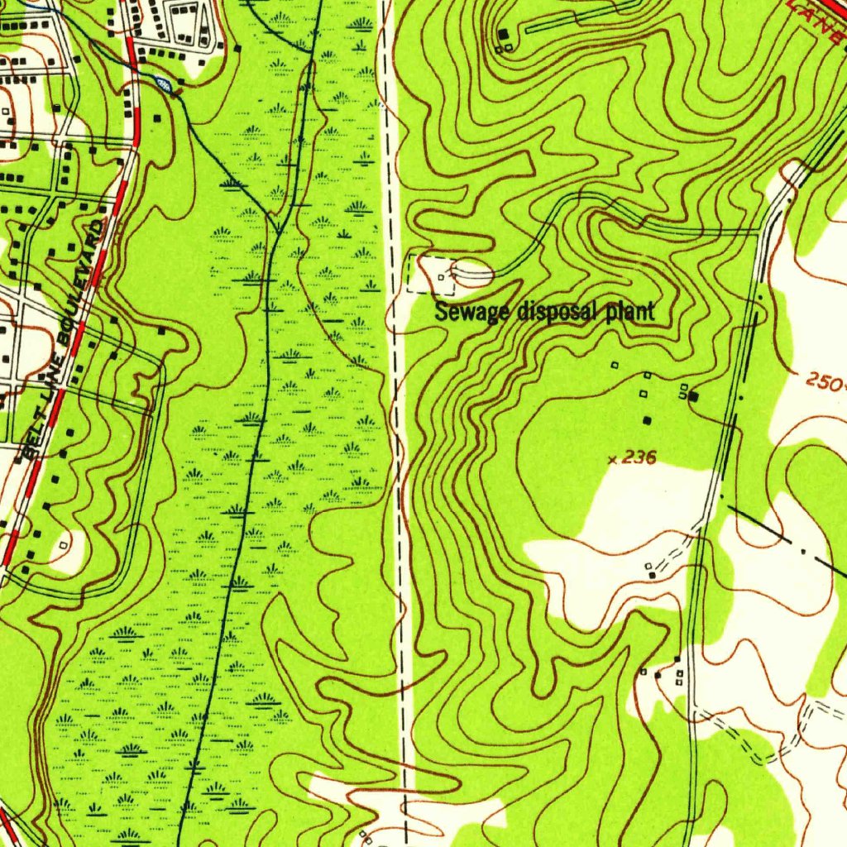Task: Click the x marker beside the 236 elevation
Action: tap(613, 459)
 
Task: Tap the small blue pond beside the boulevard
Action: tap(164, 83)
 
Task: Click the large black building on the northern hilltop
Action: tap(503, 34)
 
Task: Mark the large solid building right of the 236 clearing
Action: tap(693, 396)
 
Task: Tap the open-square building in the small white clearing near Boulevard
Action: tap(64, 545)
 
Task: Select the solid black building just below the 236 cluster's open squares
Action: tap(647, 420)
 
